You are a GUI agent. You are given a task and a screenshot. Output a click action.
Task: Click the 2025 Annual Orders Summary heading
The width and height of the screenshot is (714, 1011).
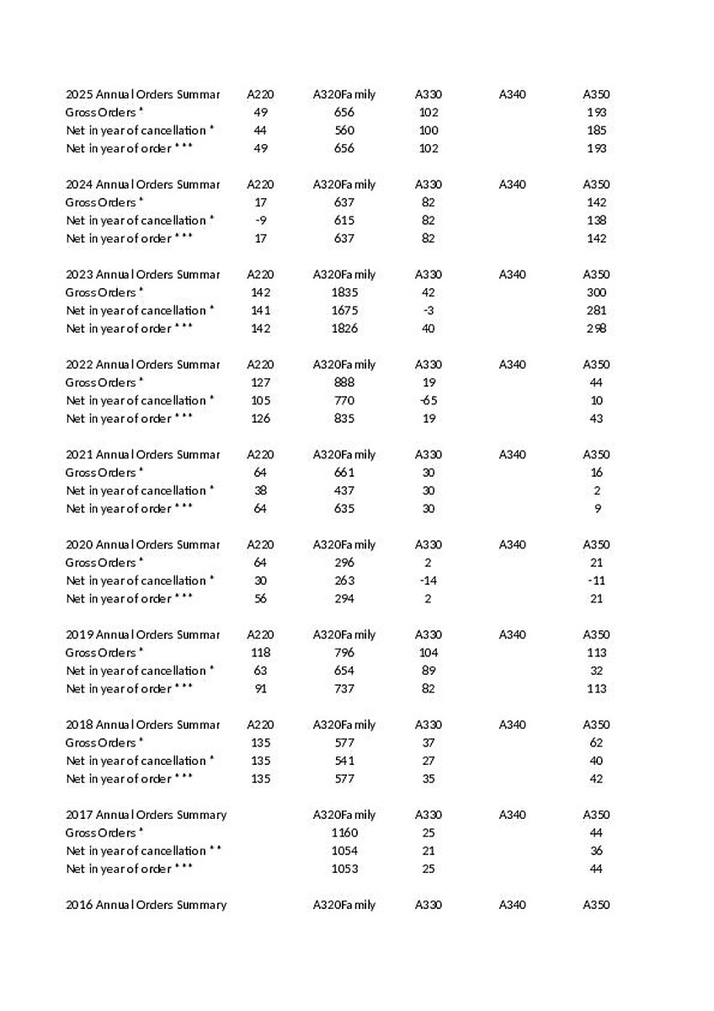[x=142, y=94]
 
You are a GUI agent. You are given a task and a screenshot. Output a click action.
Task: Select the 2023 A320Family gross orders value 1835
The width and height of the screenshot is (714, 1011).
[x=344, y=292]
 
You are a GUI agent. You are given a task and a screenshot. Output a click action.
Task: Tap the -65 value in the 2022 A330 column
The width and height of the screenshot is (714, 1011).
[x=429, y=400]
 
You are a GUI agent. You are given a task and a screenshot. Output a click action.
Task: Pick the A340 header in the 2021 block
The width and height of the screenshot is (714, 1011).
[x=512, y=455]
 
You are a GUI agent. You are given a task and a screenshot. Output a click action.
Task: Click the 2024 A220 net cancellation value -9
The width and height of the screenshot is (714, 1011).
[x=260, y=221]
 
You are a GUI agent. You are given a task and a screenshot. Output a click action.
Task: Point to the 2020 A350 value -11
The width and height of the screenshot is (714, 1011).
[x=596, y=580]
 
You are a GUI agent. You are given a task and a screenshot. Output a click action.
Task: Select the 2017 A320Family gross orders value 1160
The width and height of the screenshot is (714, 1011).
[x=344, y=832]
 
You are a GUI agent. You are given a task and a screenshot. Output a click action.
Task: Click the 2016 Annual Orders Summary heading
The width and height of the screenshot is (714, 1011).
[x=146, y=905]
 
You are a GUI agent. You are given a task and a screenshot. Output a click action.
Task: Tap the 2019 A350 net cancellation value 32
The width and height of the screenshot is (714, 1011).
[x=596, y=671]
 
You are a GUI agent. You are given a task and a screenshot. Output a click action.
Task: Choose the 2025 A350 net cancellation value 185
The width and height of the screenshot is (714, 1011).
[x=596, y=131]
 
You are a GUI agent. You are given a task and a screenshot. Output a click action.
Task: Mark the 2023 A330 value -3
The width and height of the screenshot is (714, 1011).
[x=429, y=311]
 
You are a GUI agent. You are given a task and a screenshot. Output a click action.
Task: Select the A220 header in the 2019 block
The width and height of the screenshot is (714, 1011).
[x=260, y=635]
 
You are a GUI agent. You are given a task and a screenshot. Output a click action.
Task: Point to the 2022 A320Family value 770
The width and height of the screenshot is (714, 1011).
[x=344, y=400]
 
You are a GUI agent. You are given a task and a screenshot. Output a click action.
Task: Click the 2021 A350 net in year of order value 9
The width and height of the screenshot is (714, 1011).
[x=596, y=509]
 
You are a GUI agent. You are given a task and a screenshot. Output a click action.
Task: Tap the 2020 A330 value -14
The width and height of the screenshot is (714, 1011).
[x=429, y=580]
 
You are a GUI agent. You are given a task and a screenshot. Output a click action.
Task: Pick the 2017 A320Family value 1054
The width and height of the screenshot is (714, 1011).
[x=344, y=851]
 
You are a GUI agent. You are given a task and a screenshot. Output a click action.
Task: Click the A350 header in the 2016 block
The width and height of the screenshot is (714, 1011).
[x=596, y=905]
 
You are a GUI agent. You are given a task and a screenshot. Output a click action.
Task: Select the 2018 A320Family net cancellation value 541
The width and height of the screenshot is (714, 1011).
[x=344, y=761]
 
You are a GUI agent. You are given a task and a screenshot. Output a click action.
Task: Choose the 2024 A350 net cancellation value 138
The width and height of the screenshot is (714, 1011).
[x=596, y=221]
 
